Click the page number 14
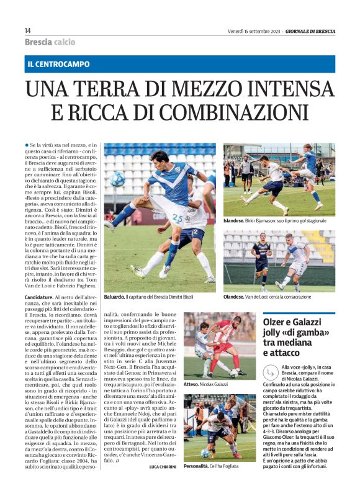[x=28, y=31]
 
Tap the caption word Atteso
[x=192, y=384]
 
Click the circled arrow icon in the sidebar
[x=271, y=372]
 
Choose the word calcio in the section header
[x=64, y=42]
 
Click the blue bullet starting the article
[x=27, y=145]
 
